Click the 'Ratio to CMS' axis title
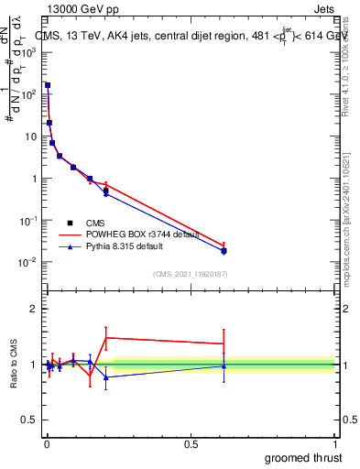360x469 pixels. point(14,365)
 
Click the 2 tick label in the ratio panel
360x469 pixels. point(34,309)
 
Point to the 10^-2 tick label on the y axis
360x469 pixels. point(27,263)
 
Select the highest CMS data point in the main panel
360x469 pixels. point(48,85)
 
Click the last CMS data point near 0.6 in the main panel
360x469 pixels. point(224,250)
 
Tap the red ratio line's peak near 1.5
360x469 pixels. point(106,338)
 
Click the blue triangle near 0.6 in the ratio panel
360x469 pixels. point(224,365)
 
